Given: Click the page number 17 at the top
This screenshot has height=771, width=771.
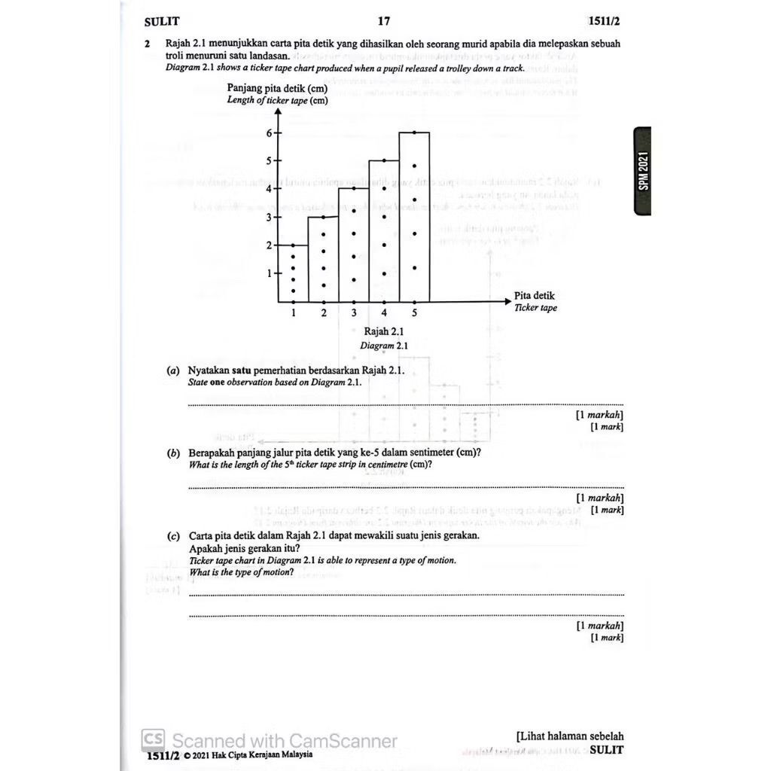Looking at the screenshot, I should [385, 22].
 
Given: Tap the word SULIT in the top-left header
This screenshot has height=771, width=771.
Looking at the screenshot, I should [162, 22].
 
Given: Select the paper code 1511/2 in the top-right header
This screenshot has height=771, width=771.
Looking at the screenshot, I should [606, 22].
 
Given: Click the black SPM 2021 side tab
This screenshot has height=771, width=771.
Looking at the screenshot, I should [642, 172].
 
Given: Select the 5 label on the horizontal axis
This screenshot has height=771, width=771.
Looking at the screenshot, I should [414, 312].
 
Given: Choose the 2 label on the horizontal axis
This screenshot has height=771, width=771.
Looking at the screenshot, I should [324, 312].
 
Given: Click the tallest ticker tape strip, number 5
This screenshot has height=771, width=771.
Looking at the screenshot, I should [414, 218].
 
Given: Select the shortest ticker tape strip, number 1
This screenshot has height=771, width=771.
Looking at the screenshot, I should [294, 273].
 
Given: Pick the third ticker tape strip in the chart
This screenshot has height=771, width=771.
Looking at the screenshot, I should [354, 245].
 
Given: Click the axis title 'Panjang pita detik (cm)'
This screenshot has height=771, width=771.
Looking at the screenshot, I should [277, 88].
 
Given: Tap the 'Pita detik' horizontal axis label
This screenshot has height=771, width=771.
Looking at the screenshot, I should [535, 296].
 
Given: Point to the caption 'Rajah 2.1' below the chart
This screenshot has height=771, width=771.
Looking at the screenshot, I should [384, 331].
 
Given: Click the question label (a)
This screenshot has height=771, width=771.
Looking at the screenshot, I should [173, 371].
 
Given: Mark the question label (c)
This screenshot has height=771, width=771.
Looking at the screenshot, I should [173, 536].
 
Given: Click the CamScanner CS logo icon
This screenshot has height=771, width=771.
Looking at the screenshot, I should [154, 739].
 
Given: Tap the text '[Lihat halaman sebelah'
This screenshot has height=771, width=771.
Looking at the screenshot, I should [570, 736].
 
